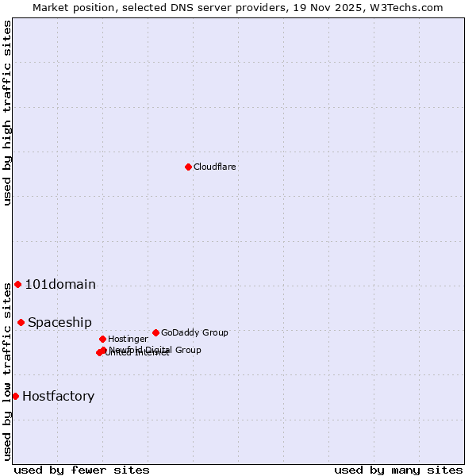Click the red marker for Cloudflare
188,167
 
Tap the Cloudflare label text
214,167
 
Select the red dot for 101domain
17,284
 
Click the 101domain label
60,285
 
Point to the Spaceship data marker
21,322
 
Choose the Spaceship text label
59,323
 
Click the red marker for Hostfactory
15,396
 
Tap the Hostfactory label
58,397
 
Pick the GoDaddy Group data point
155,332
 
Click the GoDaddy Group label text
194,332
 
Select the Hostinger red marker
102,339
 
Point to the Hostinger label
128,339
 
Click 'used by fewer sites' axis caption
81,470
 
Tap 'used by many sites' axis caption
398,470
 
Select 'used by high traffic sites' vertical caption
8,113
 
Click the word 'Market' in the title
50,7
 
